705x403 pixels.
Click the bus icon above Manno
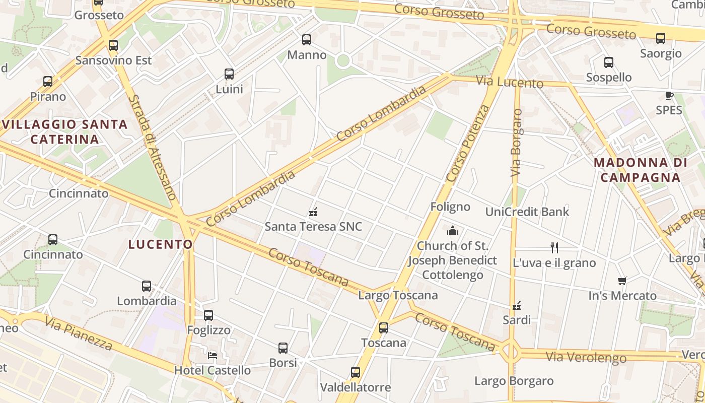click(307, 40)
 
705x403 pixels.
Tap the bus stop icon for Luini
click(229, 74)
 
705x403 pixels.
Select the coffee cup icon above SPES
click(669, 96)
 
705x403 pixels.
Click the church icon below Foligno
click(453, 231)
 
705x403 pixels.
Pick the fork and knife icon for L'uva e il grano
click(554, 247)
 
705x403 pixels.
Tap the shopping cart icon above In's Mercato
click(622, 281)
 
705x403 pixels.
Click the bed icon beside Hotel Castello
click(213, 355)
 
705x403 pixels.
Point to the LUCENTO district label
click(160, 245)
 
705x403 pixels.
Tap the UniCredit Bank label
click(527, 212)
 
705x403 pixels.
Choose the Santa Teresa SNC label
click(313, 227)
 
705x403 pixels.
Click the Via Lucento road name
click(510, 82)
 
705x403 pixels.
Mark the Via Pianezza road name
click(78, 333)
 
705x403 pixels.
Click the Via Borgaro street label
click(516, 143)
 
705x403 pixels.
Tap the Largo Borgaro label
click(514, 381)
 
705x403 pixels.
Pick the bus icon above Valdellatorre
click(356, 373)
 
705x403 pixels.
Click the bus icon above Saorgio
click(661, 38)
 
